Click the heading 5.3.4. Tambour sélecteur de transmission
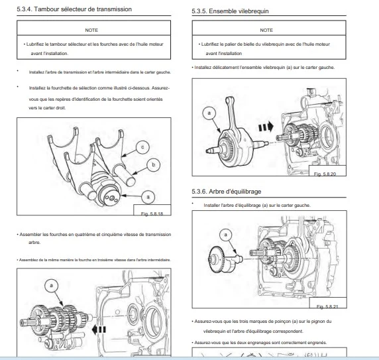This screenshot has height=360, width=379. pos(74,9)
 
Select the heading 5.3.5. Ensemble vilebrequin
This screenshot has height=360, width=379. pos(230,11)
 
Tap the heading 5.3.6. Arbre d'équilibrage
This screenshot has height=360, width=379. pos(227,192)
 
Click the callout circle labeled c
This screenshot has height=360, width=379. pos(142,147)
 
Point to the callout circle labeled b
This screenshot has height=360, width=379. pos(153,165)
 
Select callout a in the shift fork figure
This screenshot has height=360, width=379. pos(148,197)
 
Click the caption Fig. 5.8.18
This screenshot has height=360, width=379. pos(152,213)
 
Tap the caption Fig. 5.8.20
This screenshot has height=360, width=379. pos(325,174)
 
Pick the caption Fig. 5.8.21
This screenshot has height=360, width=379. pos(327,306)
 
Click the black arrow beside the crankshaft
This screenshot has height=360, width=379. pos(266,127)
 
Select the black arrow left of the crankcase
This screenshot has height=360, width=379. pos(99,330)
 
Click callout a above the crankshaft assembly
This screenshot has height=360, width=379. pos(209,113)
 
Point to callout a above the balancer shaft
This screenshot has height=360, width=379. pos(226,235)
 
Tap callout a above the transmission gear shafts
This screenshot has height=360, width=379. pos(51,286)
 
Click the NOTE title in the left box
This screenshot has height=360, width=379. pos(91,30)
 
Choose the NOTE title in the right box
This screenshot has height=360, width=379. pos(266,30)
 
